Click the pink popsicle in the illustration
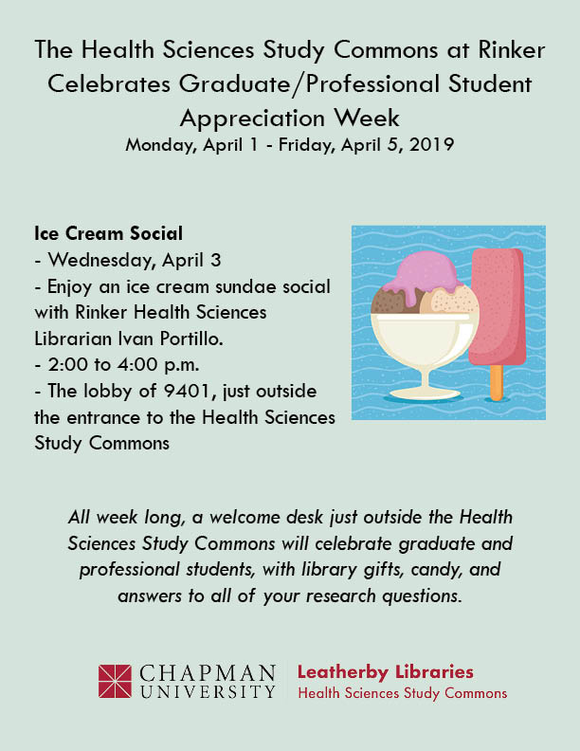click(x=497, y=306)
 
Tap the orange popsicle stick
click(x=497, y=382)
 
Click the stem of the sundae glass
click(x=423, y=378)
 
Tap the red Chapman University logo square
click(x=115, y=681)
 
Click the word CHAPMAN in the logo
click(x=208, y=673)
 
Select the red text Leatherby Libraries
click(x=385, y=671)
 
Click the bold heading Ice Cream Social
click(x=109, y=233)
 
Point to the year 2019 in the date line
click(x=431, y=144)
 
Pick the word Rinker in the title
click(x=512, y=50)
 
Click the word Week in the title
click(x=367, y=118)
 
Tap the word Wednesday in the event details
click(x=101, y=260)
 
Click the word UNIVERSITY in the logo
click(x=208, y=691)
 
